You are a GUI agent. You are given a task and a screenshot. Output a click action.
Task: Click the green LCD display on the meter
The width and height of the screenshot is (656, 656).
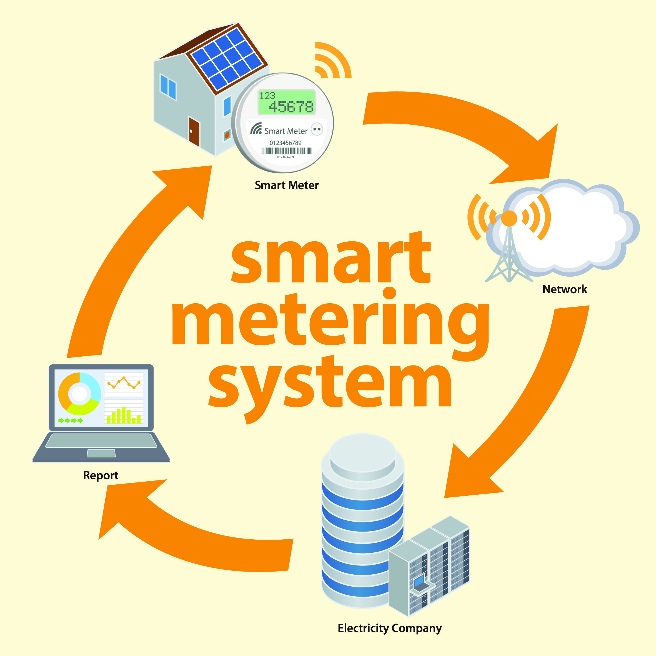(286, 102)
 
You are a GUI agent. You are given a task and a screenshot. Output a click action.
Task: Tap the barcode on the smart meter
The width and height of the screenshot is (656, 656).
(286, 151)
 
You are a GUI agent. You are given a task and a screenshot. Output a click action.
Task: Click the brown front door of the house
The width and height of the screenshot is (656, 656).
(194, 131)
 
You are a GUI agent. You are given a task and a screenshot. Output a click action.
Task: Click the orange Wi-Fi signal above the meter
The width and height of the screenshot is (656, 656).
(331, 61)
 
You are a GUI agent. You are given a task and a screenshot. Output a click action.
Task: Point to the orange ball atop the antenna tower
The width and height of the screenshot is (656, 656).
(509, 218)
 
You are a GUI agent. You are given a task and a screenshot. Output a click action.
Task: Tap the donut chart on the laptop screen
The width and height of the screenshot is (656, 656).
(79, 394)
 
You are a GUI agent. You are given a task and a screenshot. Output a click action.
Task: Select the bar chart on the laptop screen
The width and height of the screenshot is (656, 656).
(124, 415)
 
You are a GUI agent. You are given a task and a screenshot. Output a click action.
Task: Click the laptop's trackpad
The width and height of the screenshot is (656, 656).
(101, 453)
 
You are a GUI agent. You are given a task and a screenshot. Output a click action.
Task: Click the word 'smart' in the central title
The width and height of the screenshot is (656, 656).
(331, 258)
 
